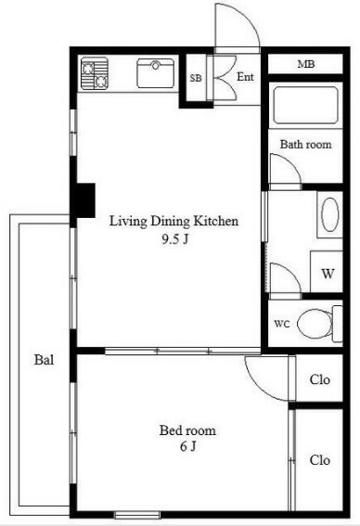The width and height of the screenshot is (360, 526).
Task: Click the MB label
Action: pos(306,64)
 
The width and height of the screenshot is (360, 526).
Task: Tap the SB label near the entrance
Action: pos(196,78)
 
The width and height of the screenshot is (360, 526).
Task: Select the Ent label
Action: pos(245,77)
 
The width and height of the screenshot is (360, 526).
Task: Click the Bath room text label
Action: pos(305,144)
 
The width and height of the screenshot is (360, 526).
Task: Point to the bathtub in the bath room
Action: pos(305,105)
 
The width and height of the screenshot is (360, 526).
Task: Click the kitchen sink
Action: pos(156,73)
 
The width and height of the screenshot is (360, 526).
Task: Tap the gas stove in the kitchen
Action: pos(95,73)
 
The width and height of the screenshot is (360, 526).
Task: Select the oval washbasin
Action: pos(330,214)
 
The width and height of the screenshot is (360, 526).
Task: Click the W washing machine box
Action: pos(327,272)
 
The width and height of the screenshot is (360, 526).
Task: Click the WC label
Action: pos(281,324)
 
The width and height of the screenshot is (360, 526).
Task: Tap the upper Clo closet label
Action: pos(320,379)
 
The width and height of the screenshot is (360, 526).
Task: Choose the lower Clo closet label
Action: pos(320,460)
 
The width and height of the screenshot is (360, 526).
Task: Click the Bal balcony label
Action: pos(44,360)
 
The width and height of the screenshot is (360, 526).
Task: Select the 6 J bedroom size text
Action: pos(187,446)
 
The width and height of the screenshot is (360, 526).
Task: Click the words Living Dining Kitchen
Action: pos(174,221)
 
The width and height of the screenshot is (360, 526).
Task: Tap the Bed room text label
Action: pos(187,430)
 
